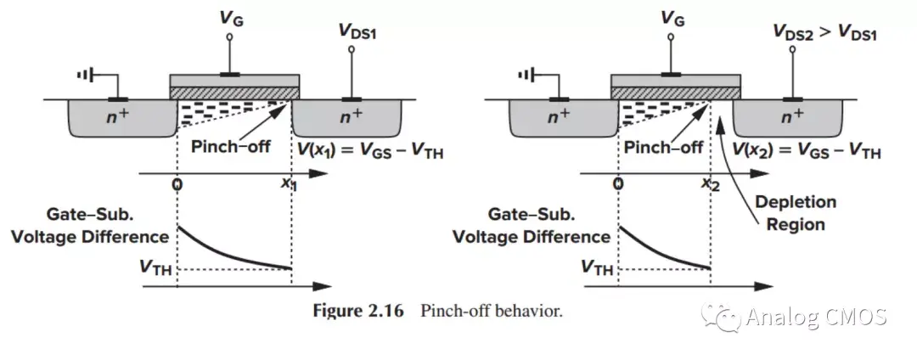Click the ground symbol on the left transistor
point(84,76)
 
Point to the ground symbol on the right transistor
point(526,76)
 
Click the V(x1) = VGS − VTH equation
point(371,151)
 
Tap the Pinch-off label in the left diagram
point(231,146)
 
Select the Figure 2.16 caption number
point(361,311)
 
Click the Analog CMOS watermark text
point(816,317)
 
